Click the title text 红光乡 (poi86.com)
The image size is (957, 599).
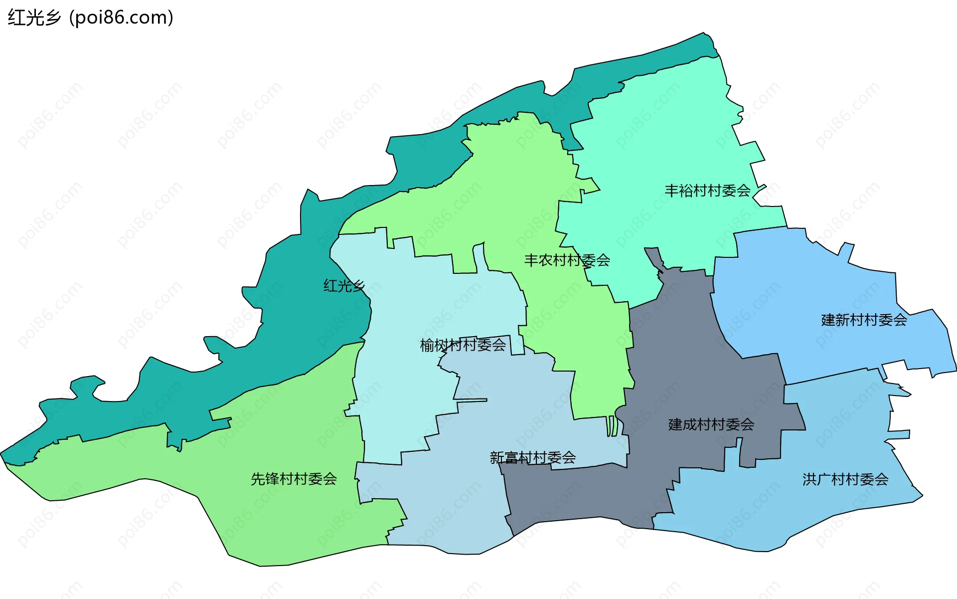[x=90, y=17]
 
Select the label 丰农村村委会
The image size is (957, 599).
[x=567, y=260]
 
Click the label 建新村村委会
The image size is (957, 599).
[x=863, y=320]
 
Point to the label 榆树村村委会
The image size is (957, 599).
[x=463, y=345]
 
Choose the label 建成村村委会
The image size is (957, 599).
[x=711, y=424]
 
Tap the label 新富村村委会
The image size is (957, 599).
[x=532, y=457]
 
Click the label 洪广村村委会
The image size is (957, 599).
[x=845, y=479]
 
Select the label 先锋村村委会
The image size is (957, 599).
[x=294, y=479]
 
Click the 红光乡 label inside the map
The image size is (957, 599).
[x=343, y=286]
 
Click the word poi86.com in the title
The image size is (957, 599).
[x=121, y=17]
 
